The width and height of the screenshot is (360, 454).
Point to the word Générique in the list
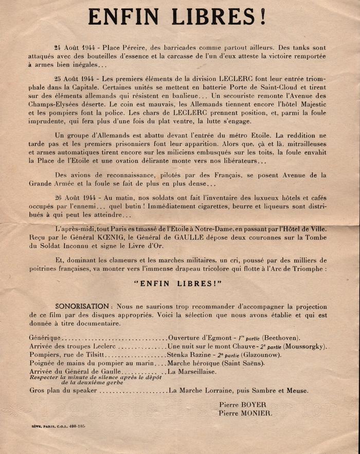coord(45,338)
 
